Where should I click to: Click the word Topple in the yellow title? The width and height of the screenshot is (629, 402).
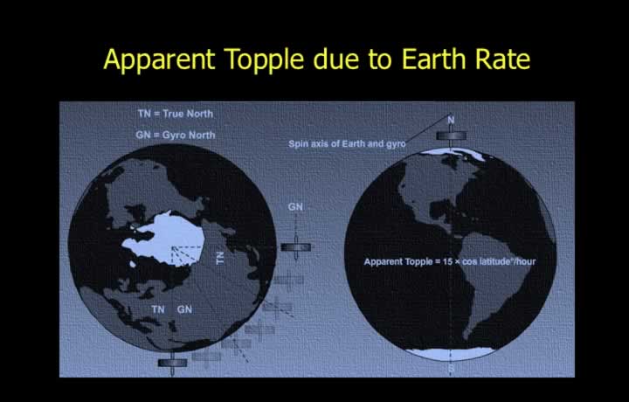tap(264, 60)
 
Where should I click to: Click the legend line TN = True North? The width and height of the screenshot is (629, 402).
tap(176, 114)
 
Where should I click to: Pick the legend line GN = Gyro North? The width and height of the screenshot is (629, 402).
tap(176, 135)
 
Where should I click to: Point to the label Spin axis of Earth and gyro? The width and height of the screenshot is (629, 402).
tap(347, 143)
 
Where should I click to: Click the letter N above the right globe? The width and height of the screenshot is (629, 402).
tap(451, 120)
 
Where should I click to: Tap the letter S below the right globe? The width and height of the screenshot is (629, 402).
tap(451, 368)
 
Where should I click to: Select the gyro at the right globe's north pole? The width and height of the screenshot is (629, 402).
tap(451, 136)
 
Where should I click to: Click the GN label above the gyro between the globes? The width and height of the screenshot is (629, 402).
tap(295, 207)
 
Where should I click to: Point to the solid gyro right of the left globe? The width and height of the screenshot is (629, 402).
tap(295, 247)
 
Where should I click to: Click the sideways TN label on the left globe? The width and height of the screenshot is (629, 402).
tap(220, 258)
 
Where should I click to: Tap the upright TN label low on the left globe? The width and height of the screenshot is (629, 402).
tap(158, 309)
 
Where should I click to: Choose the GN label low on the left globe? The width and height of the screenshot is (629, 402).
tap(184, 309)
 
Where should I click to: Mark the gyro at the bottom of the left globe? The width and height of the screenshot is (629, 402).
tap(172, 364)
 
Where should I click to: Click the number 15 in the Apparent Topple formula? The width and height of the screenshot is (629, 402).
tap(447, 261)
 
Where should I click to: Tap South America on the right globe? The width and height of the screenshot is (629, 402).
tap(496, 281)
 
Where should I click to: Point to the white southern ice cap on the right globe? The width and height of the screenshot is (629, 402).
tap(451, 353)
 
